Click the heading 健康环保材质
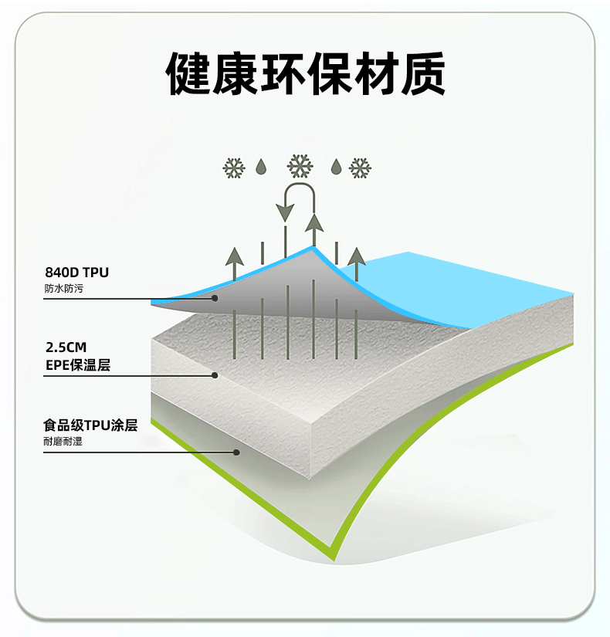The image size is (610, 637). [x=305, y=73]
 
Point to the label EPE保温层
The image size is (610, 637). [x=77, y=364]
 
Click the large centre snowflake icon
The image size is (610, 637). [x=300, y=166]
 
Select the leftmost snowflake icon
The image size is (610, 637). [x=234, y=168]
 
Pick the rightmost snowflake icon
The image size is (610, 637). [x=361, y=168]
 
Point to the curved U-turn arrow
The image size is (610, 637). [x=300, y=199]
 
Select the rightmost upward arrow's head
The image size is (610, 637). [x=356, y=256]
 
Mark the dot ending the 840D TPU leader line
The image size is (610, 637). [x=216, y=298]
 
